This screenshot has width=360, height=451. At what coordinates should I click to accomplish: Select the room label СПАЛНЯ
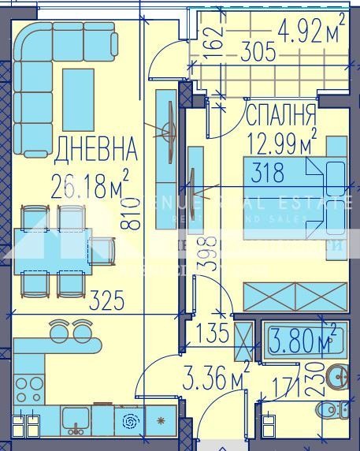tap(281, 116)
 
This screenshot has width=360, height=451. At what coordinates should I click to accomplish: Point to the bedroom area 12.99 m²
tap(281, 143)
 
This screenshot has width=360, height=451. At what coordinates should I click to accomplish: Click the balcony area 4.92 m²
tap(311, 32)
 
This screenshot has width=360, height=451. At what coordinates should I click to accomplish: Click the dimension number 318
tap(268, 173)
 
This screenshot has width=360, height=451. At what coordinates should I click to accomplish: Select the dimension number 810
tap(133, 214)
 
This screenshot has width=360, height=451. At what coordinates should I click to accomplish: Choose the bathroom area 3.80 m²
tap(304, 341)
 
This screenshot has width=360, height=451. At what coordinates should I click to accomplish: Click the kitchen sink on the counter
tap(76, 419)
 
